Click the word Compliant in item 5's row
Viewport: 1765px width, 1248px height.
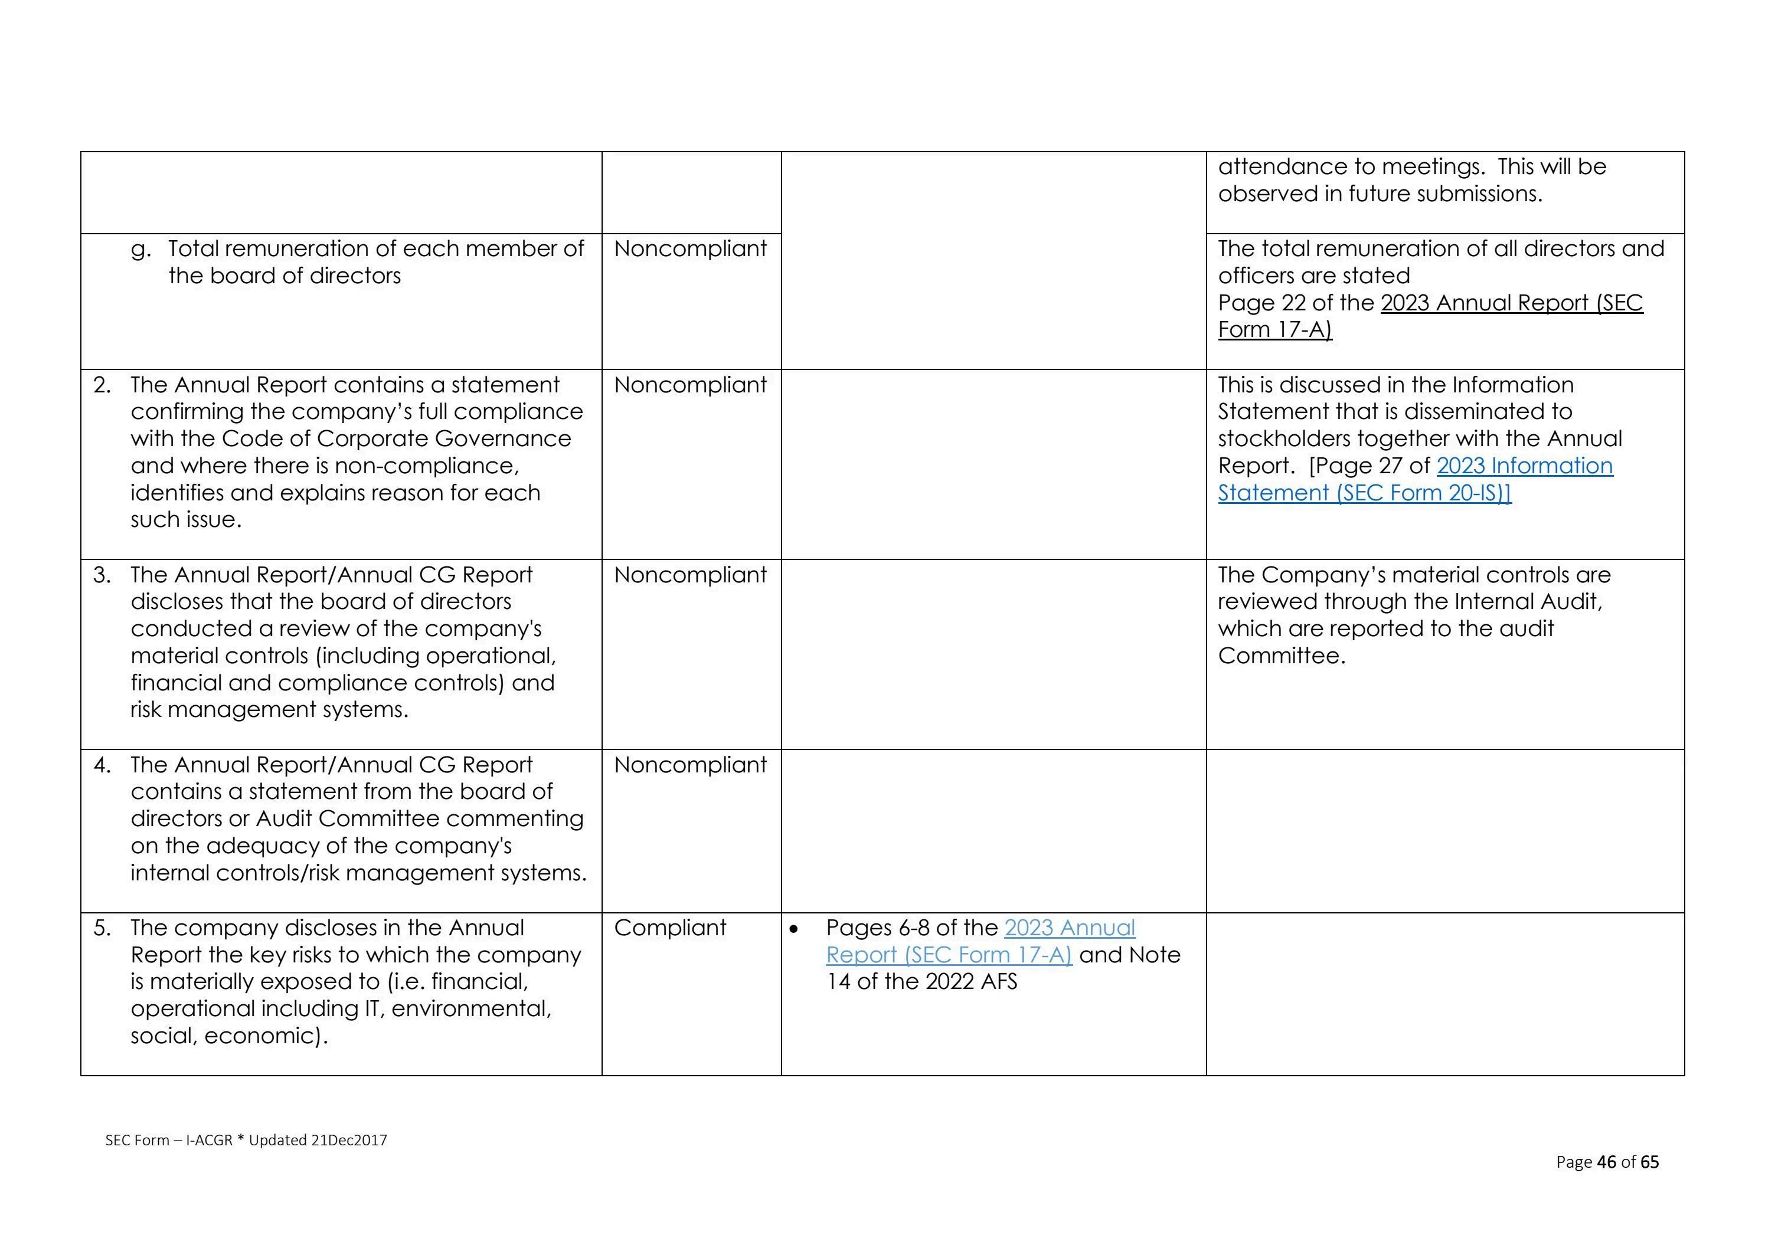669,928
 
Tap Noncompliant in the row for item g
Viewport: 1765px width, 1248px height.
689,248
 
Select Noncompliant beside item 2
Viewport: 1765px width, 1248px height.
689,384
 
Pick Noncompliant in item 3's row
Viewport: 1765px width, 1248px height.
689,575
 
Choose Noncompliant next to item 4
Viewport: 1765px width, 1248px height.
689,765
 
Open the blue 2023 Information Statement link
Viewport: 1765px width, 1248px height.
1524,466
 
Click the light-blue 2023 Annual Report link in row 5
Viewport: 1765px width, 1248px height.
1068,928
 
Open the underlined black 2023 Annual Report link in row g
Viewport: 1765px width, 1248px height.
1511,303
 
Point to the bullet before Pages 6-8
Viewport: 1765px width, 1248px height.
794,929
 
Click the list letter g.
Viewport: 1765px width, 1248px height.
139,250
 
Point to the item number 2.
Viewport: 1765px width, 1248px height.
102,385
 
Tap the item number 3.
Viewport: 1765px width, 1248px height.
102,575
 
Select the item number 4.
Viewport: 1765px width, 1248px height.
102,765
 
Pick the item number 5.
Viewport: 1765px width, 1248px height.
102,928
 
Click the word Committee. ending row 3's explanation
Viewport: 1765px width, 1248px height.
1282,656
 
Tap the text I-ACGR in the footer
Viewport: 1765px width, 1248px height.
208,1141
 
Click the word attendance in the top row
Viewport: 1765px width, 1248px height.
1296,167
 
